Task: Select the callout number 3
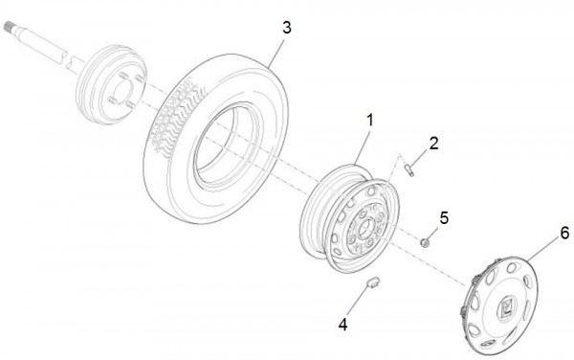coord(285,26)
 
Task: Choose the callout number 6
coord(564,233)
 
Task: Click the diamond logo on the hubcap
coord(506,309)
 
